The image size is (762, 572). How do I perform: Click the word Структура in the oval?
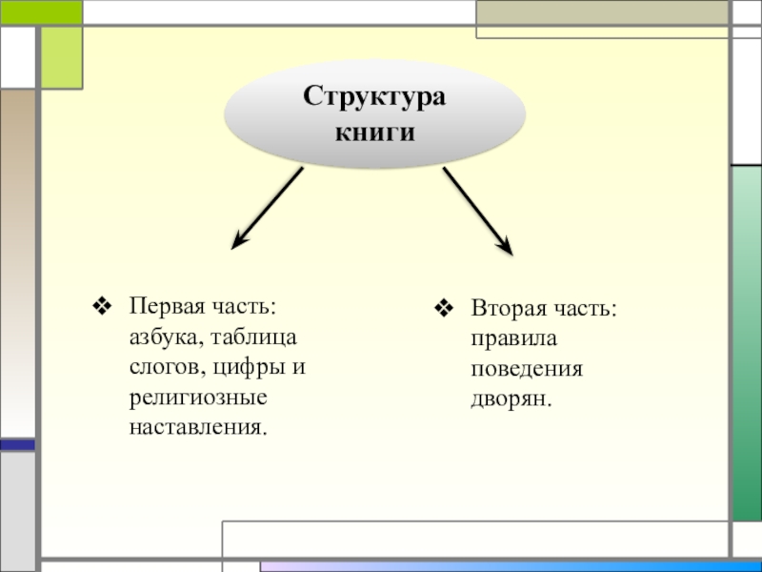point(374,98)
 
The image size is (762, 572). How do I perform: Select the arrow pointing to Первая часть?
point(268,208)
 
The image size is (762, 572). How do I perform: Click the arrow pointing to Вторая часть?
point(478,211)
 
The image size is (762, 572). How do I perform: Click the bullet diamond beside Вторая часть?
point(443,310)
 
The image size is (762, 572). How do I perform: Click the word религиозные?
point(198,395)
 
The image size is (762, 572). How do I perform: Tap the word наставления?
point(198,423)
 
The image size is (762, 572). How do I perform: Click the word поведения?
point(525,368)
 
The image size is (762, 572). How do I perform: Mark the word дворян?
point(511,398)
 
